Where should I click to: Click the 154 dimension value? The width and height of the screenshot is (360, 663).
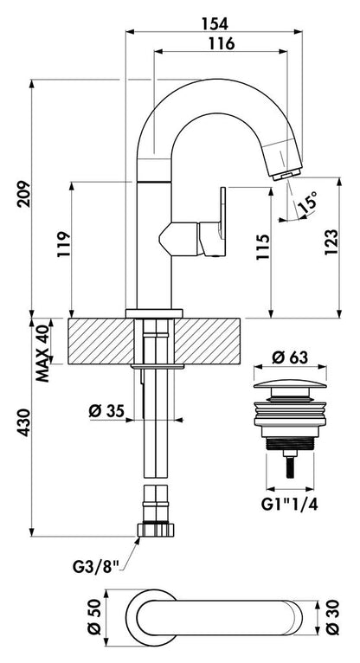pyautogui.click(x=215, y=23)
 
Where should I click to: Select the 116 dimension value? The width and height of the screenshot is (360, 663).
pyautogui.click(x=222, y=43)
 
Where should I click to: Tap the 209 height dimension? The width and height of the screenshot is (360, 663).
pyautogui.click(x=23, y=194)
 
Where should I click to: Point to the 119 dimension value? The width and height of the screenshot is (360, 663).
pyautogui.click(x=63, y=245)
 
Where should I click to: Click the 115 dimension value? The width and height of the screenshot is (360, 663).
pyautogui.click(x=262, y=247)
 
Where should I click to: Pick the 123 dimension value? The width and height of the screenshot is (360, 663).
pyautogui.click(x=331, y=241)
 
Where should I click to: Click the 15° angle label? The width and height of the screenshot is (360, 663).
pyautogui.click(x=306, y=203)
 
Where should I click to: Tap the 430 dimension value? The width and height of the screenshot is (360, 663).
pyautogui.click(x=23, y=422)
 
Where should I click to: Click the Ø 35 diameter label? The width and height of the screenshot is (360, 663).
pyautogui.click(x=106, y=410)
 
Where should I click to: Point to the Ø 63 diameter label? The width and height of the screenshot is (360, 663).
pyautogui.click(x=290, y=357)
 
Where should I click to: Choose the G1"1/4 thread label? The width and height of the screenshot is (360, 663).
pyautogui.click(x=290, y=504)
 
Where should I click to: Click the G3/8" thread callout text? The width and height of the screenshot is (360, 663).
pyautogui.click(x=96, y=567)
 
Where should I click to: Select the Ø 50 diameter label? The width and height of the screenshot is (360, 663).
pyautogui.click(x=95, y=617)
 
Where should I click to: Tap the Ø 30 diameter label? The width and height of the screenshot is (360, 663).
pyautogui.click(x=333, y=617)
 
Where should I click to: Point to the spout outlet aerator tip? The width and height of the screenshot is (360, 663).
pyautogui.click(x=287, y=175)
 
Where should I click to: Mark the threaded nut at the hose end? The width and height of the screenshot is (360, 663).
pyautogui.click(x=156, y=530)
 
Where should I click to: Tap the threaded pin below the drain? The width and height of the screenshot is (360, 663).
pyautogui.click(x=290, y=464)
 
